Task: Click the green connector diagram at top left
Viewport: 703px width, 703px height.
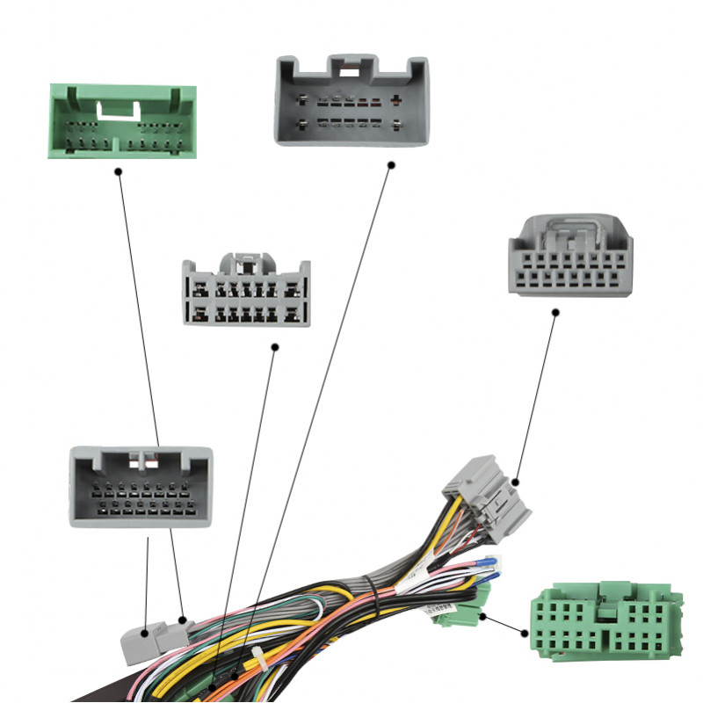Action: tap(121, 121)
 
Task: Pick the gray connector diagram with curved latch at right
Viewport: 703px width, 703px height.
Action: tap(569, 255)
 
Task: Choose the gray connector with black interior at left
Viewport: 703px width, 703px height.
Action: tap(141, 487)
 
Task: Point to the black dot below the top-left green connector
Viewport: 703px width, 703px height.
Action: tap(118, 171)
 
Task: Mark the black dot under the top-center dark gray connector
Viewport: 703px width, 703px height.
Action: tap(391, 164)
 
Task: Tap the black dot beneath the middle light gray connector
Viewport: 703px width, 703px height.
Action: tap(274, 347)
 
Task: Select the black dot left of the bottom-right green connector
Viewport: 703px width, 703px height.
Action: tap(524, 633)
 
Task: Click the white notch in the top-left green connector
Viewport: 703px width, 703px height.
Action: tap(120, 111)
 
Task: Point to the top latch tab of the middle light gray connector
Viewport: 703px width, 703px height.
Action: tap(246, 261)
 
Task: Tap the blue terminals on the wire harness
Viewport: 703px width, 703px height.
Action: tap(486, 568)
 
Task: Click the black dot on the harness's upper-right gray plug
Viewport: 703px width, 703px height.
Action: tap(516, 482)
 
